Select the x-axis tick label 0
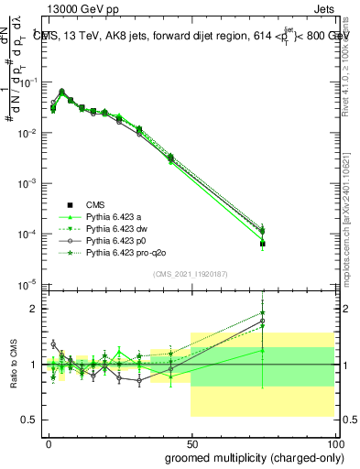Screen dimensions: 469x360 pyautogui.click(x=49, y=442)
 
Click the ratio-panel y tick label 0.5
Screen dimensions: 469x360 pyautogui.click(x=31, y=420)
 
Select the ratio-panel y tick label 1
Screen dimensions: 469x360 pyautogui.click(x=35, y=365)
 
